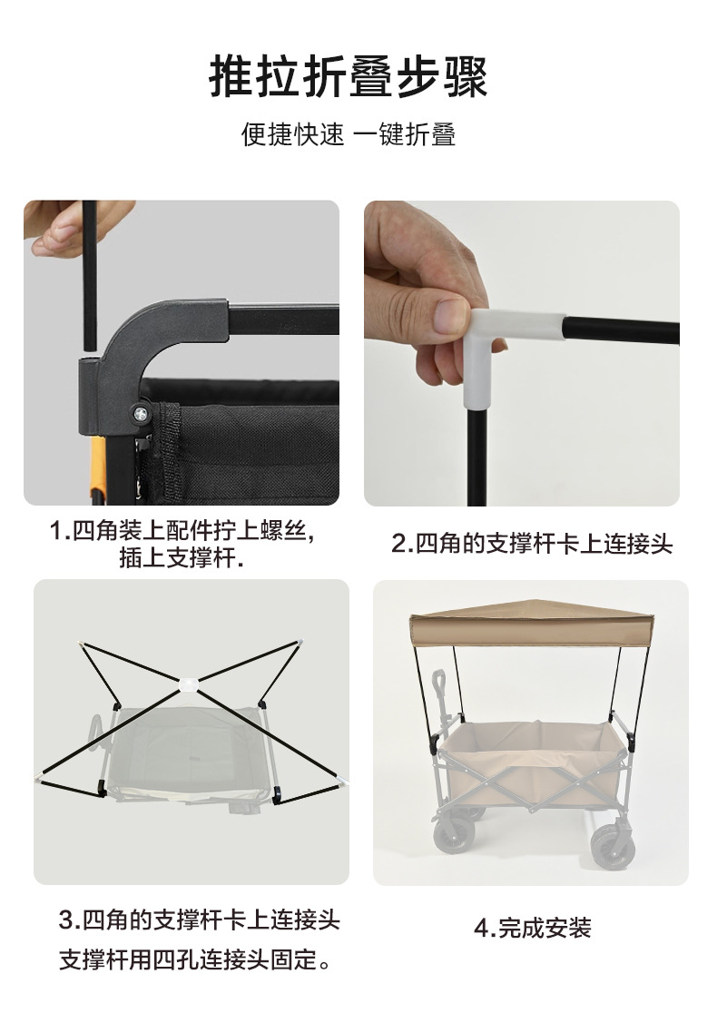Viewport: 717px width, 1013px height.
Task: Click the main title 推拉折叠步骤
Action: click(x=349, y=76)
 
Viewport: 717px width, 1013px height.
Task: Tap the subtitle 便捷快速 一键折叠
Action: click(x=349, y=134)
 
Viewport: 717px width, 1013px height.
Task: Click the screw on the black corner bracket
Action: click(x=142, y=412)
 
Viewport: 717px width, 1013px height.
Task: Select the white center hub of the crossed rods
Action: click(x=189, y=684)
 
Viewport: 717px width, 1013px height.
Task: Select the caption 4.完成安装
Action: click(x=532, y=928)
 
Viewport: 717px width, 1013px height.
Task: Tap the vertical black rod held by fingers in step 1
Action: click(x=89, y=272)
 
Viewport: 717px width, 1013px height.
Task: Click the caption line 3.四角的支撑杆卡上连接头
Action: click(x=199, y=920)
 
